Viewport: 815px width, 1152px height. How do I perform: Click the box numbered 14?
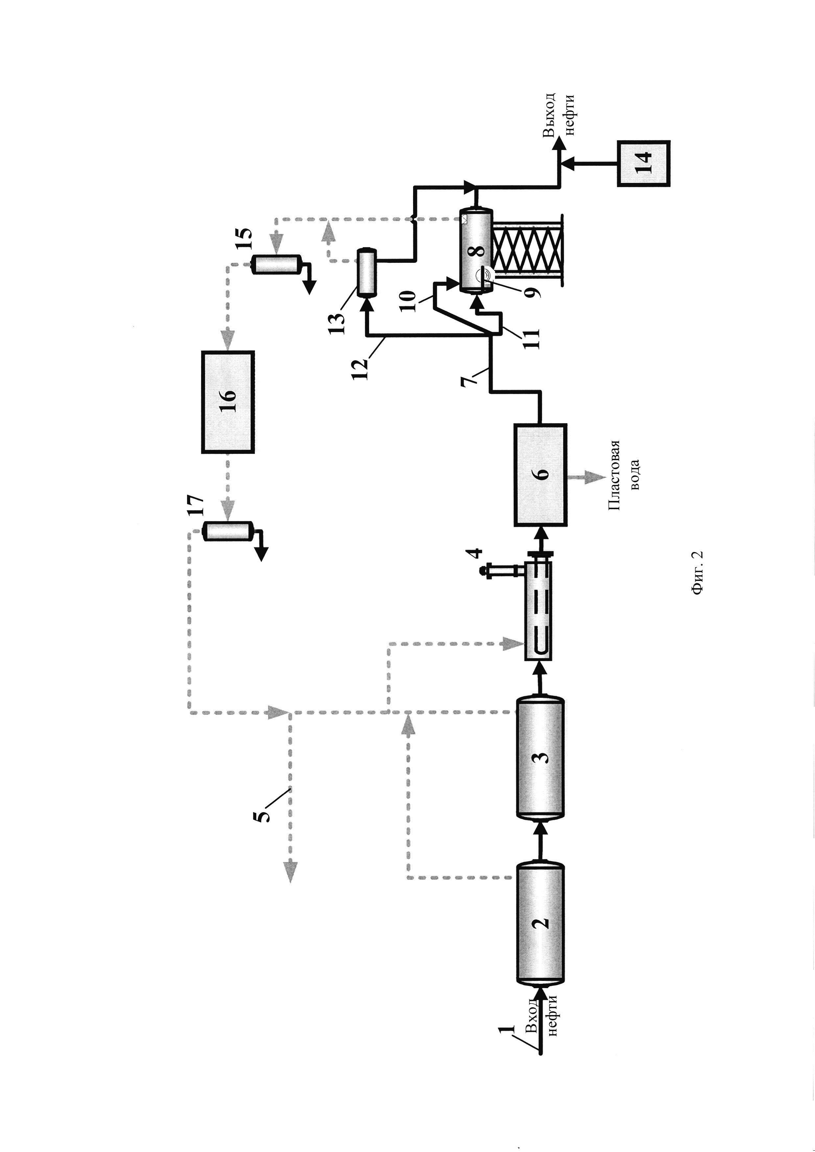(643, 163)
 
